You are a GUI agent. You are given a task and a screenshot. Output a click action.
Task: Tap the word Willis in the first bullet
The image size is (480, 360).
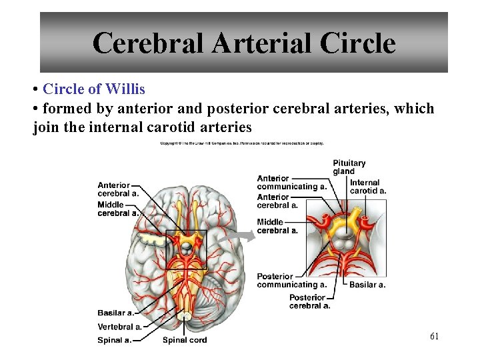coord(126,89)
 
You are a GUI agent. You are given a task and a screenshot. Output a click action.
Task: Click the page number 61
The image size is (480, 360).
coord(434,337)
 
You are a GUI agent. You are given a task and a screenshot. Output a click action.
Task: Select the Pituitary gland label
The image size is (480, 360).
coord(349,167)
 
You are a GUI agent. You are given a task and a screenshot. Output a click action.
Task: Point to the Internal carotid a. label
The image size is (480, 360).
coord(367,187)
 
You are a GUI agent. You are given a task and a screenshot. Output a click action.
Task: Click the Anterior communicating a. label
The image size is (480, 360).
coord(291,183)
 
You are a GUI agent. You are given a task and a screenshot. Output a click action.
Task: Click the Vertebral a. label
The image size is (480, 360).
coord(119,327)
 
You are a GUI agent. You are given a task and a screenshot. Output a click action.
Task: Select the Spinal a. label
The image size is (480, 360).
coord(113,340)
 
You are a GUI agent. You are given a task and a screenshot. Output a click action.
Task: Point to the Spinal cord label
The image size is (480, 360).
coord(185,340)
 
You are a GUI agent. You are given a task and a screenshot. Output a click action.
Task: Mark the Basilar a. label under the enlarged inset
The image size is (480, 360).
coord(367,285)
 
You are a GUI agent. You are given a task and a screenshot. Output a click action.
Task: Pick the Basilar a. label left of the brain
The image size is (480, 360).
coord(115,313)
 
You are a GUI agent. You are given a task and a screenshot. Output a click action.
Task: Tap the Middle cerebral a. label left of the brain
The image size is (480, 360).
coord(117,209)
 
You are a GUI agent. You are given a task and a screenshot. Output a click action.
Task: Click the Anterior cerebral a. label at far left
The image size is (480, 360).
coord(117,189)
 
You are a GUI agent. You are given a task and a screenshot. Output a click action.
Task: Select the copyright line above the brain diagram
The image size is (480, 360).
coord(241,143)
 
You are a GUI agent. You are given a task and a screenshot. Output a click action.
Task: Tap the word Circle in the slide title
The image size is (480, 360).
coord(357,43)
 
